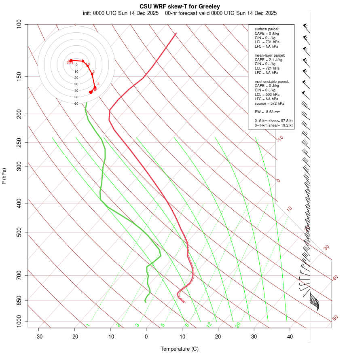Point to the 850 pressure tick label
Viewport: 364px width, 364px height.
[x=19, y=301]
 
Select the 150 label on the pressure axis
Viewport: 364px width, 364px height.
[x=19, y=76]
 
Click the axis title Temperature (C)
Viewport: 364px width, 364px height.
[x=179, y=349]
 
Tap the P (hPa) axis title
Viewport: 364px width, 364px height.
[x=4, y=176]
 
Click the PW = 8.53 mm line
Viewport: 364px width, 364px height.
[x=267, y=112]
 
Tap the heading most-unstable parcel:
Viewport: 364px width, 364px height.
[x=272, y=81]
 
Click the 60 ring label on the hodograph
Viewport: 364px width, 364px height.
[x=76, y=104]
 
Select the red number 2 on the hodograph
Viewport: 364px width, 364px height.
[x=93, y=72]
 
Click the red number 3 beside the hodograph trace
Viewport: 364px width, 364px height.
[x=98, y=84]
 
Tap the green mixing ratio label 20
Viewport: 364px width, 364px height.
[x=238, y=325]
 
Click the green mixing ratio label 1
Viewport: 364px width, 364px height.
[x=87, y=325]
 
